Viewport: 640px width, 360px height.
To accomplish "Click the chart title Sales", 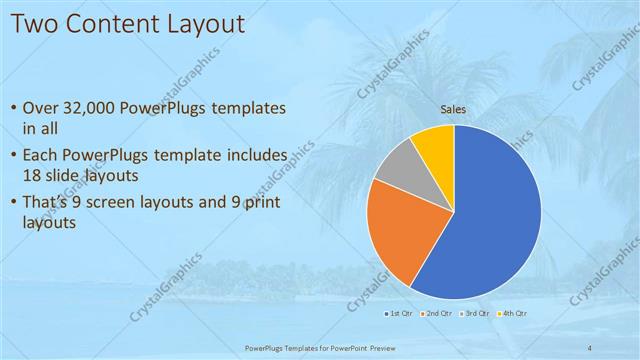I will tap(453, 109).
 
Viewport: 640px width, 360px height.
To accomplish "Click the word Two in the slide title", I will tap(39, 22).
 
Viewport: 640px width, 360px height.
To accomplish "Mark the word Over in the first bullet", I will tap(41, 108).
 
